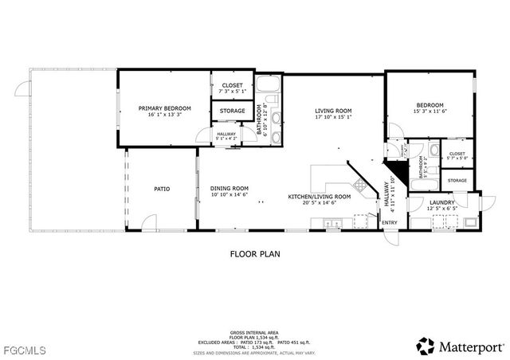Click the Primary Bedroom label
pos(165,108)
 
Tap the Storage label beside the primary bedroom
pos(233,112)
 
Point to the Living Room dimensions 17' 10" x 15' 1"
pos(334,117)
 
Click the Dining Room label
pos(229,188)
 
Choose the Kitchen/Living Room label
pos(320,196)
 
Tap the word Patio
pos(163,189)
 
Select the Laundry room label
pos(441,202)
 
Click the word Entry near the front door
pos(390,222)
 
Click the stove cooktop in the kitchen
pos(360,186)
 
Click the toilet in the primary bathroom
pos(271,99)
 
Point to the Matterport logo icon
pos(426,346)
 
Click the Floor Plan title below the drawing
pos(255,254)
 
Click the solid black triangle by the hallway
pos(391,170)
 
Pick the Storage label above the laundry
pos(457,181)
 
